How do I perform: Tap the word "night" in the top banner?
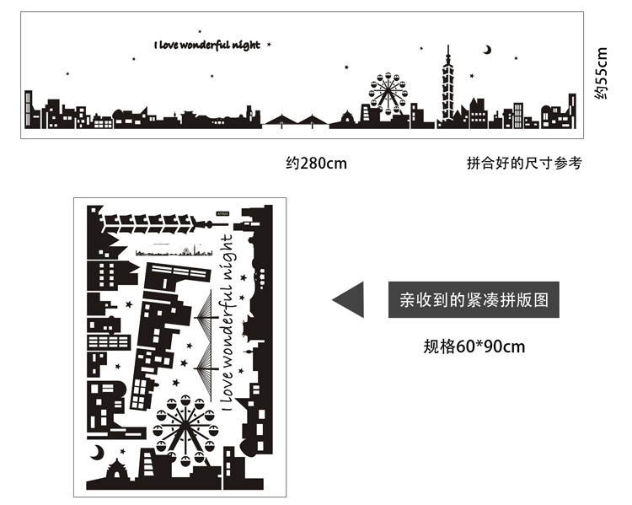pyautogui.click(x=255, y=44)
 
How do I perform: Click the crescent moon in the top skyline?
pyautogui.click(x=487, y=50)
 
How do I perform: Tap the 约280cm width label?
pyautogui.click(x=316, y=164)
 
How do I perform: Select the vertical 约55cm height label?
pyautogui.click(x=601, y=73)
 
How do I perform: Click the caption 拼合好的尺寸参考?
pyautogui.click(x=523, y=164)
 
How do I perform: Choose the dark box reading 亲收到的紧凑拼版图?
pyautogui.click(x=474, y=299)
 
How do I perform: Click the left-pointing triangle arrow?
pyautogui.click(x=348, y=299)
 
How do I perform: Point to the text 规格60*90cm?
pyautogui.click(x=474, y=347)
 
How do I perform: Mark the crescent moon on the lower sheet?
pyautogui.click(x=98, y=453)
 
